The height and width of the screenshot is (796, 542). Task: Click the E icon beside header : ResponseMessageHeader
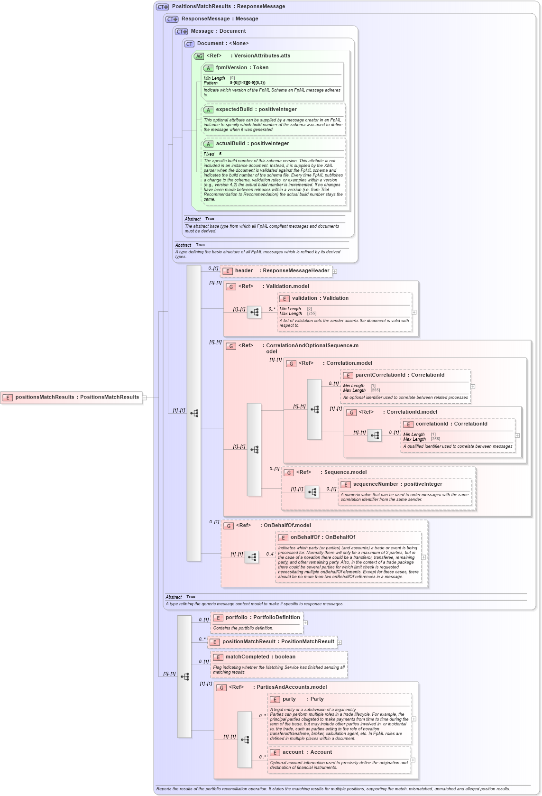228,271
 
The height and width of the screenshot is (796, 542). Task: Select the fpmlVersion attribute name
231,67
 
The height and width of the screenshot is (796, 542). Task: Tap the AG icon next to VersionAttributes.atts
199,56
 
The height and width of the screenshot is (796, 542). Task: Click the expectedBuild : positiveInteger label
256,109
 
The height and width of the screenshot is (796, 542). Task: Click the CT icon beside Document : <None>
189,44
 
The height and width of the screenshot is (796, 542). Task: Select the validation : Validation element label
320,298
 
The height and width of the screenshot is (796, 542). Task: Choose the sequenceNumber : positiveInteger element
397,484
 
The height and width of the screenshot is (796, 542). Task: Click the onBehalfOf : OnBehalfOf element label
322,537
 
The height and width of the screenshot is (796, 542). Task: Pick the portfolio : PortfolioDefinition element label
263,617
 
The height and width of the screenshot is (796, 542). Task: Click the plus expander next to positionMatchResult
340,642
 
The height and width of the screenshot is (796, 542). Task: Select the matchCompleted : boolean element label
260,657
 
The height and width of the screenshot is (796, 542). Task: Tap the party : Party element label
303,699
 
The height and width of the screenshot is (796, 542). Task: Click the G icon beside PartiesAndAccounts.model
221,687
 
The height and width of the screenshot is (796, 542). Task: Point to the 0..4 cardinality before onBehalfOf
270,554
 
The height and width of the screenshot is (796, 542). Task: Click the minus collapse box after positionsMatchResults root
145,398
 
